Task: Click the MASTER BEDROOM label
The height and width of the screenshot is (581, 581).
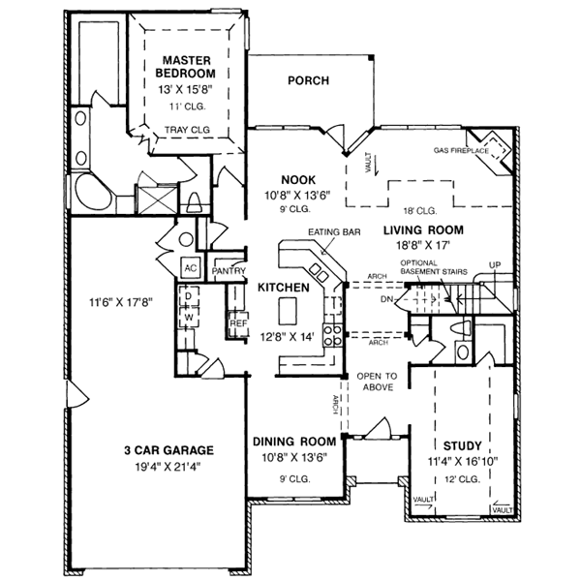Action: click(188, 66)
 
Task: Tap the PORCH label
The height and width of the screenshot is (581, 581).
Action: click(309, 80)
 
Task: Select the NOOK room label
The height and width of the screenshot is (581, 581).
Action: click(295, 179)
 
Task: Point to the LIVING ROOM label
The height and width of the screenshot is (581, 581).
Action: click(423, 229)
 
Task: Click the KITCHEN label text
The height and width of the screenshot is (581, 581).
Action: click(283, 288)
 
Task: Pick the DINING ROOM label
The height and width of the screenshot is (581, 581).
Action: click(293, 442)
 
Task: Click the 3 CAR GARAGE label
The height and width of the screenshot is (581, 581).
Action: click(167, 449)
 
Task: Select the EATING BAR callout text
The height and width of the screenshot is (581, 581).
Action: click(328, 233)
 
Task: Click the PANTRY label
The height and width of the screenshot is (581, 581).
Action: click(229, 272)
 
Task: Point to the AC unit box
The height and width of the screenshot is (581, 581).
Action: click(191, 267)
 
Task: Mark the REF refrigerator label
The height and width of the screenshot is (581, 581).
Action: click(235, 324)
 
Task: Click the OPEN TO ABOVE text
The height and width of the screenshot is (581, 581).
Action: click(377, 381)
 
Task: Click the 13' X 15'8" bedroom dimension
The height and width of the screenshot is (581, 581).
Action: click(188, 88)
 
